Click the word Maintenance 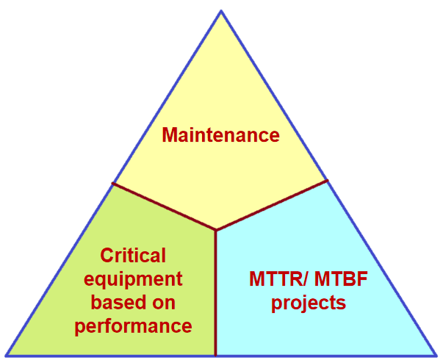[x=220, y=134]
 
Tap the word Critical [x=133, y=255]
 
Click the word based [x=117, y=302]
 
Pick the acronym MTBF [x=341, y=279]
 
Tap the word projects [x=309, y=303]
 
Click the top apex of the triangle [x=221, y=11]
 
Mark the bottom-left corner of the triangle [x=6, y=355]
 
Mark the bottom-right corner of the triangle [x=436, y=355]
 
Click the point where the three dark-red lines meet [x=216, y=230]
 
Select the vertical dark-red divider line [x=216, y=292]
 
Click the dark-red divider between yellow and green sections [x=164, y=206]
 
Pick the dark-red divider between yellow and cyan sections [x=272, y=205]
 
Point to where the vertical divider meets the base [x=216, y=355]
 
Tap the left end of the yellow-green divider [x=112, y=184]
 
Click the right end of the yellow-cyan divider [x=328, y=180]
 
